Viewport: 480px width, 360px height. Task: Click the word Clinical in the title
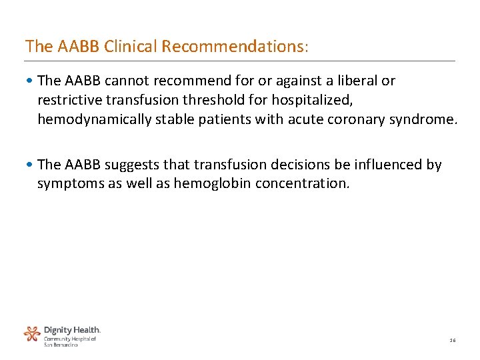131,47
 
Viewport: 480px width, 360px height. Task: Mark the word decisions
293,165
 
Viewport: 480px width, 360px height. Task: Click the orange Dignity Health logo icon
32,334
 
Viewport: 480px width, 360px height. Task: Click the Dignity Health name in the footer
72,330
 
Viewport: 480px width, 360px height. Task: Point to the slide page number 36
452,340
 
